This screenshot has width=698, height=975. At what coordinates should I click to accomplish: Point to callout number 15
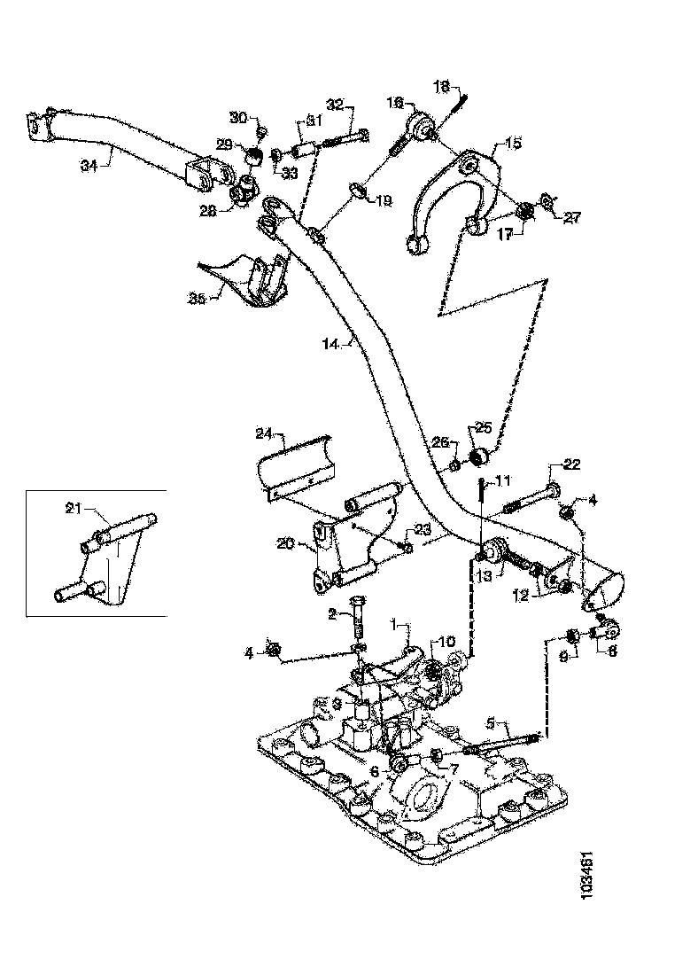click(514, 143)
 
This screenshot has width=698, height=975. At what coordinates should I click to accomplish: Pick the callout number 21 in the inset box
click(75, 508)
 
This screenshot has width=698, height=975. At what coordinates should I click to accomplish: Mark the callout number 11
click(503, 481)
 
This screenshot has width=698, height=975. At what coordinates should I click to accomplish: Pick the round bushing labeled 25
click(479, 457)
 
